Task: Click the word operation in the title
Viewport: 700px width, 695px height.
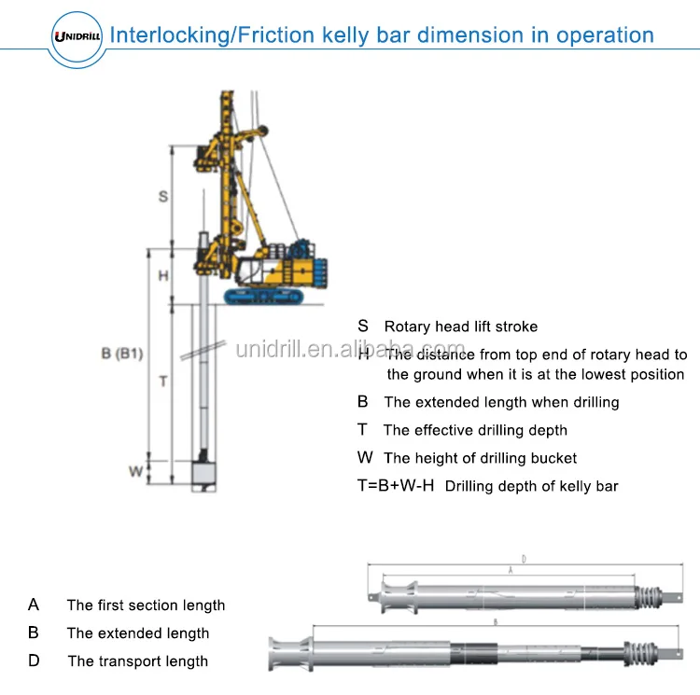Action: pyautogui.click(x=605, y=35)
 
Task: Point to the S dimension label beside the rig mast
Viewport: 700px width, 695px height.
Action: pyautogui.click(x=163, y=197)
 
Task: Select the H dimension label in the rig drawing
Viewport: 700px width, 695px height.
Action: pyautogui.click(x=162, y=275)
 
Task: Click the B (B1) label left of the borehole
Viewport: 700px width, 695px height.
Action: pyautogui.click(x=122, y=354)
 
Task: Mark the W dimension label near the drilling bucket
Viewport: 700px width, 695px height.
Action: pyautogui.click(x=135, y=471)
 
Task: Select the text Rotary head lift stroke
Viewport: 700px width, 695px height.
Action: pyautogui.click(x=460, y=327)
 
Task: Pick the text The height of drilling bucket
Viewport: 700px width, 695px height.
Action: pyautogui.click(x=480, y=458)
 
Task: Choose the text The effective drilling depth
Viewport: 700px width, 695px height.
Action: pyautogui.click(x=475, y=430)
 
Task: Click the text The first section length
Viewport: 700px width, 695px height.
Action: pyautogui.click(x=146, y=605)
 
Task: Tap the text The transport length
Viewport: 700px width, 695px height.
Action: pyautogui.click(x=137, y=661)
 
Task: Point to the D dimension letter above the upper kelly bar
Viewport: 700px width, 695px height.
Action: pyautogui.click(x=524, y=560)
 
